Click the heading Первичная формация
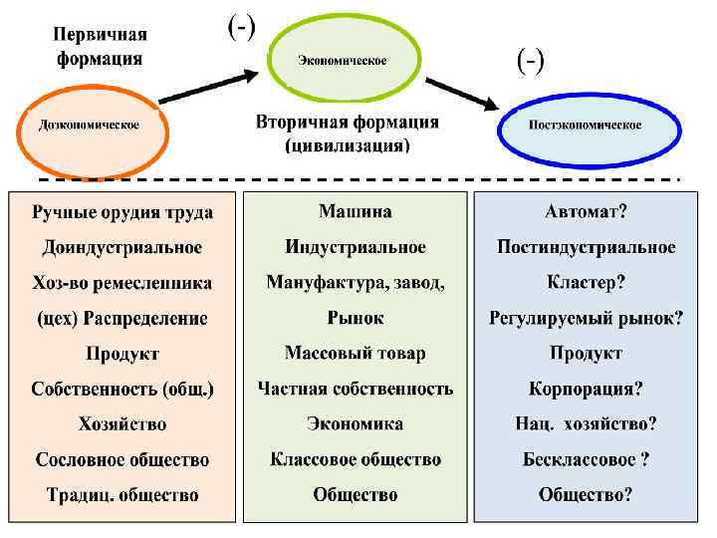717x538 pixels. click(x=99, y=45)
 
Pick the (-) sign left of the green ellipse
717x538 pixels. click(x=241, y=27)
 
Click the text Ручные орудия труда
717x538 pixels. click(x=122, y=212)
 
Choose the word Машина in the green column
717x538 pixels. click(x=355, y=212)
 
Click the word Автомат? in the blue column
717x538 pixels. click(x=586, y=212)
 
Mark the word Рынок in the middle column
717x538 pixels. click(x=355, y=318)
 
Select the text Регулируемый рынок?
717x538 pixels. click(x=586, y=318)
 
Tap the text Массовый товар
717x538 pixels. click(x=355, y=354)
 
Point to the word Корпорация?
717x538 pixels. click(x=586, y=389)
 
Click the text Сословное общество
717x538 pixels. click(x=122, y=459)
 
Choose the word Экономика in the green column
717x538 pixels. click(x=355, y=423)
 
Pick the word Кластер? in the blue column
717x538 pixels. click(x=586, y=283)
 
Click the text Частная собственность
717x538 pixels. click(x=355, y=389)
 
